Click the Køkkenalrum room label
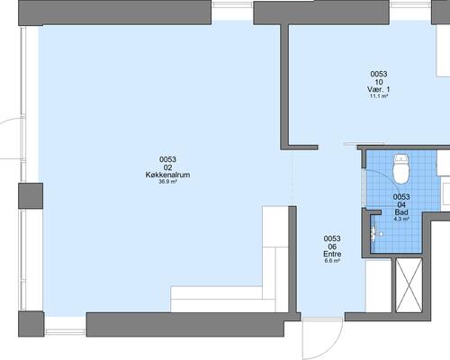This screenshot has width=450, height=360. tap(167, 175)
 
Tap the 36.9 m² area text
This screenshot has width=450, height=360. tap(167, 181)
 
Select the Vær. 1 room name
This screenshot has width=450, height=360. tap(379, 89)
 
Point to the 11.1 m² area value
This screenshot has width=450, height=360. tap(379, 96)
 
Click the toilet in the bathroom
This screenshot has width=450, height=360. tap(401, 169)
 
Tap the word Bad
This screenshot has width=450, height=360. tap(401, 212)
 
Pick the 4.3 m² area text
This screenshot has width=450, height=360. tap(401, 219)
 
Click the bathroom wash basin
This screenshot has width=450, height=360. tap(376, 233)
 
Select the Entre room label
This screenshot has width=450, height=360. tap(332, 254)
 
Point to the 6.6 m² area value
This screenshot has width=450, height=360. tap(332, 261)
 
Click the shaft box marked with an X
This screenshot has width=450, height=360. tap(409, 285)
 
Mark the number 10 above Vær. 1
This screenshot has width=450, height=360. tap(379, 82)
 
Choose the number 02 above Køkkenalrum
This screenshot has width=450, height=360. tap(167, 167)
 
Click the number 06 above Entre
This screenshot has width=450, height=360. tap(332, 247)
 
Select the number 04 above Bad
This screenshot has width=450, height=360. tap(401, 205)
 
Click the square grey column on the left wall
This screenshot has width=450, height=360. tap(31, 195)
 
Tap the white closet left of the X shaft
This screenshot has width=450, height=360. tap(379, 285)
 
